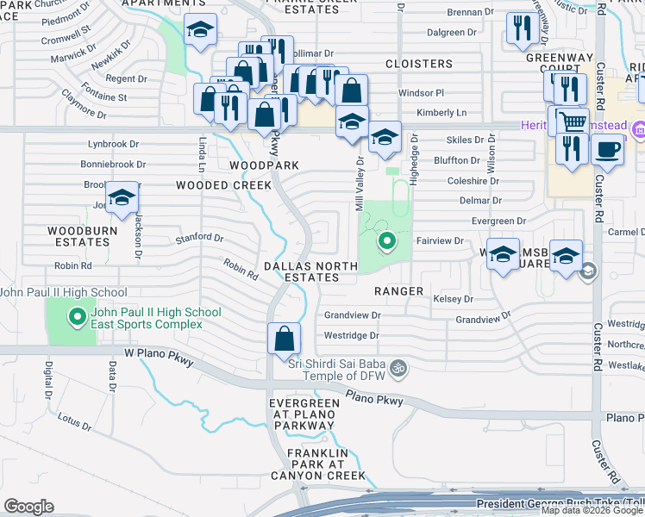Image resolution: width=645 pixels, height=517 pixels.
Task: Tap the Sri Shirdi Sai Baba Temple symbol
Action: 398,367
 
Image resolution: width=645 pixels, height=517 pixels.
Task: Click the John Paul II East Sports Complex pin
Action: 78,318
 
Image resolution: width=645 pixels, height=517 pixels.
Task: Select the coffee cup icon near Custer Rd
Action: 608,149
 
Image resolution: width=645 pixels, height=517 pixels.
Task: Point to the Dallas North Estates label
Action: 312,271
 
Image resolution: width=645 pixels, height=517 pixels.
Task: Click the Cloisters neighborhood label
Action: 419,64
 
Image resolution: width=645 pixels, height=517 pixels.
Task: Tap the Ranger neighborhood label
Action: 398,291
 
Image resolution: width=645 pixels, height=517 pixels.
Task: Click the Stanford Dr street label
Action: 200,238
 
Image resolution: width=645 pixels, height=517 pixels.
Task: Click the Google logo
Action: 28,507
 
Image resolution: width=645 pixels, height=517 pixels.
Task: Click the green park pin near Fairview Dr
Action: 387,242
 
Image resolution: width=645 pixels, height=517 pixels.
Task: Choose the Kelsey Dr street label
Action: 454,299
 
